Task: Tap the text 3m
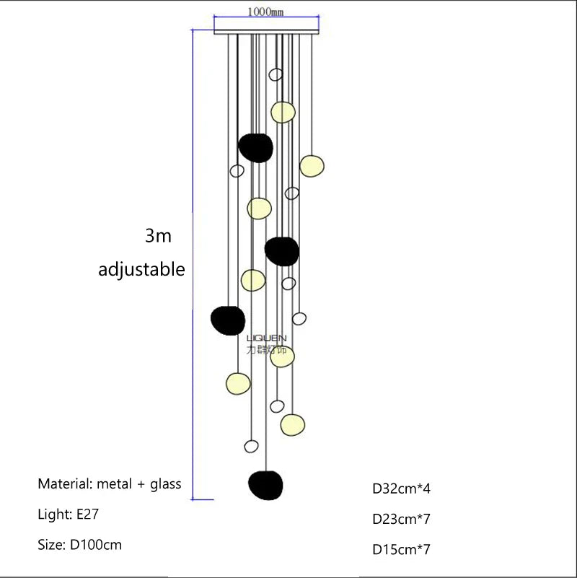tap(158, 236)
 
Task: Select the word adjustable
tap(141, 270)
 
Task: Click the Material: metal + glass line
tap(110, 483)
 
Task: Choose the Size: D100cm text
tap(79, 545)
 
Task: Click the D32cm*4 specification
tap(401, 489)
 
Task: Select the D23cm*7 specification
tap(401, 519)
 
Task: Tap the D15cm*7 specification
tap(401, 549)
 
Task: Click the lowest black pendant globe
tap(265, 484)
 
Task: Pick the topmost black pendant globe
tap(256, 147)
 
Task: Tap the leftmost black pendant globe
tap(228, 319)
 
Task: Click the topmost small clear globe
tap(275, 74)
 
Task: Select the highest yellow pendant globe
tap(283, 112)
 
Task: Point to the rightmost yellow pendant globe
tap(312, 165)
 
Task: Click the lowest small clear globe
tap(251, 446)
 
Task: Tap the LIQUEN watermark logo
tap(266, 344)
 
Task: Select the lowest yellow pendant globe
tap(292, 424)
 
